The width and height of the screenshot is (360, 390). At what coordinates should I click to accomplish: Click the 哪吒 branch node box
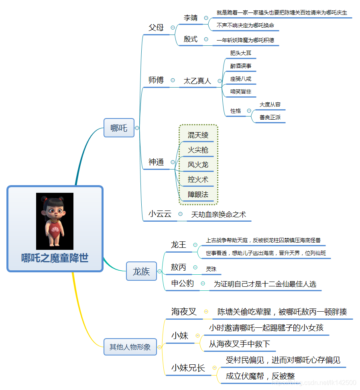tap(119, 128)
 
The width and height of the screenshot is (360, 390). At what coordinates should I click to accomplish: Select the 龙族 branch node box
tap(141, 271)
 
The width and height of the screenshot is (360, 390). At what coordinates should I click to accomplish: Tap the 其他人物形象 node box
tap(130, 347)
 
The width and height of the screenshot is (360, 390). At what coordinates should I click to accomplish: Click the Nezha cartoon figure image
tap(55, 221)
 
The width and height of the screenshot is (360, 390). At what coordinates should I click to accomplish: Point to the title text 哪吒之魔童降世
tap(55, 258)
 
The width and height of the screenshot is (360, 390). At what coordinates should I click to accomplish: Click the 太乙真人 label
tap(197, 81)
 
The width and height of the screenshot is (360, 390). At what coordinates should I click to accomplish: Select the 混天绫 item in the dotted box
tap(198, 135)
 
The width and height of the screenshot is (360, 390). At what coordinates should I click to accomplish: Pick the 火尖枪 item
tap(198, 150)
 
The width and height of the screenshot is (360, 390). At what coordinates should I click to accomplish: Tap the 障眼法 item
tap(198, 194)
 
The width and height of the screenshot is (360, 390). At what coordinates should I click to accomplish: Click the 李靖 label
tap(191, 18)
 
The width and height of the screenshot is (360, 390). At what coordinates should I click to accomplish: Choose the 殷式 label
tap(191, 39)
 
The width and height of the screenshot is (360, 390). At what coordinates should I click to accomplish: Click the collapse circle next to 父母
tap(173, 28)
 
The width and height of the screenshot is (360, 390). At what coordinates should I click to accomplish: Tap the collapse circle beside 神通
tap(173, 162)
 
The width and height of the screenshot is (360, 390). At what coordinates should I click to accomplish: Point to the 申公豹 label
tap(183, 283)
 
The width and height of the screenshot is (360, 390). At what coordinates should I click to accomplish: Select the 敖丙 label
tap(179, 267)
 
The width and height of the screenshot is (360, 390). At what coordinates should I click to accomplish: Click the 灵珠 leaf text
tap(211, 269)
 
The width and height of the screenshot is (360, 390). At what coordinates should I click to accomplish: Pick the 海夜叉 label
tap(184, 311)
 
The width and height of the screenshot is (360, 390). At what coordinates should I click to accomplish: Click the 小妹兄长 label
tap(188, 368)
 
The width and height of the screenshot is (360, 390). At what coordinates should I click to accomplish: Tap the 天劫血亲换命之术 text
tap(218, 214)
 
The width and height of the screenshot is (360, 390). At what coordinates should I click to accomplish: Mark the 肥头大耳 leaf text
tap(240, 53)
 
